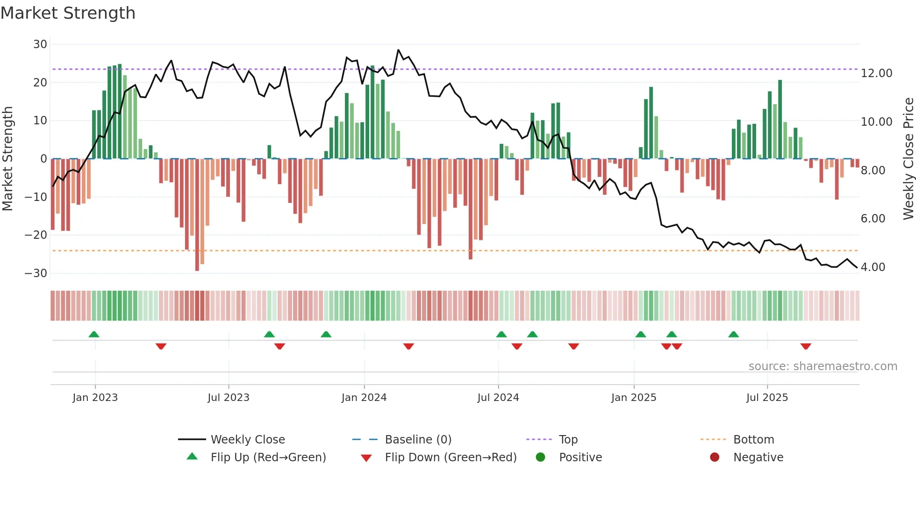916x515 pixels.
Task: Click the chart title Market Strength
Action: [68, 13]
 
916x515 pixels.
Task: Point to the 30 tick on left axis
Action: [40, 44]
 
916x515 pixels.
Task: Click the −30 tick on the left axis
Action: [36, 273]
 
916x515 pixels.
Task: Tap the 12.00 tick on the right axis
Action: [876, 73]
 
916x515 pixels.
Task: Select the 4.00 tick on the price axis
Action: [873, 267]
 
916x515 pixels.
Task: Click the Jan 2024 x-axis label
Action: [364, 398]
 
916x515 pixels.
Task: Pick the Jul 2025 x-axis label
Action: [767, 398]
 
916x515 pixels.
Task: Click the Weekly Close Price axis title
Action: [908, 159]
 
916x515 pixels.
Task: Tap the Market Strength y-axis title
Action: [7, 159]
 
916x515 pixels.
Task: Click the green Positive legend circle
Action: [541, 458]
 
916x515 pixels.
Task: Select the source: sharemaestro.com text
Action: [823, 366]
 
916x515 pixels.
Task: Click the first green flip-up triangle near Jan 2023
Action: [94, 335]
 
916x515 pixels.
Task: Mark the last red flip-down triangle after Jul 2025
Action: [806, 346]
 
